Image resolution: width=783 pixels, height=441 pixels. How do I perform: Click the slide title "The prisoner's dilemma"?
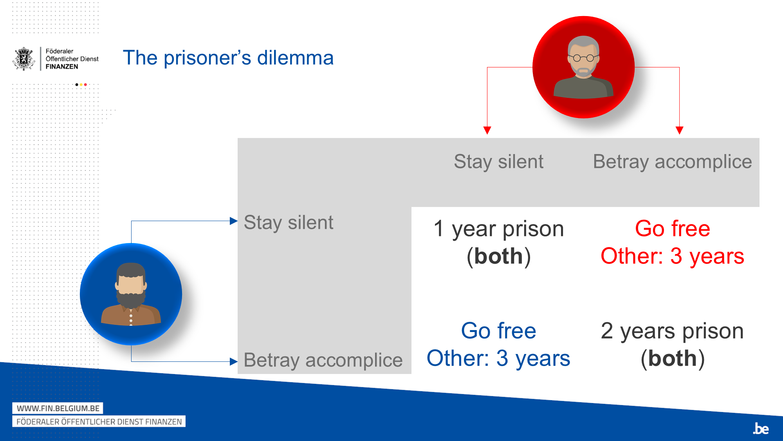228,58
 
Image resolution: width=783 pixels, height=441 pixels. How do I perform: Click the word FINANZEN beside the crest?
62,67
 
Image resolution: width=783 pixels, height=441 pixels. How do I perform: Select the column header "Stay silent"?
498,162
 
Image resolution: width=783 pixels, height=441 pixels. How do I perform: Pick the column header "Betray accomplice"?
672,162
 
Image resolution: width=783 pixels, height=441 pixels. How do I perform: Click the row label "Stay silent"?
289,223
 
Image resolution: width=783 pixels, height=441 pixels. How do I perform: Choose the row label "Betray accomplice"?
323,360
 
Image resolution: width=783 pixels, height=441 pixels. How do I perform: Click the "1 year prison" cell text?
498,229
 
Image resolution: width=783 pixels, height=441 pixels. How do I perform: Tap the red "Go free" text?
672,229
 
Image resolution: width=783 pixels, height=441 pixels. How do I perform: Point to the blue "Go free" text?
498,331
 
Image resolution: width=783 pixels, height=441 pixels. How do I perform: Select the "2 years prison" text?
672,331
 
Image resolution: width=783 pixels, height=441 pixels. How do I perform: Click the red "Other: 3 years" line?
672,256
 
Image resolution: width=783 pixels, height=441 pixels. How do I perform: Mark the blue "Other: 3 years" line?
498,358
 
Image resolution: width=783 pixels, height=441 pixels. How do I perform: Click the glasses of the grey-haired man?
583,58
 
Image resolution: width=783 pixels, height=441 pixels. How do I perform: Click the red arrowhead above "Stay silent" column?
487,130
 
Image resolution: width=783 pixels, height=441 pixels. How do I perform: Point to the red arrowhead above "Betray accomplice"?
679,130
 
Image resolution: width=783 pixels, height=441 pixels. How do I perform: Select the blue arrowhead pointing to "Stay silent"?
234,221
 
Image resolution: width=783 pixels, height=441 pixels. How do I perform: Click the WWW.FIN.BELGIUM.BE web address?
58,408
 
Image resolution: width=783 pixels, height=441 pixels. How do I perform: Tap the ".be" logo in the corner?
761,429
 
